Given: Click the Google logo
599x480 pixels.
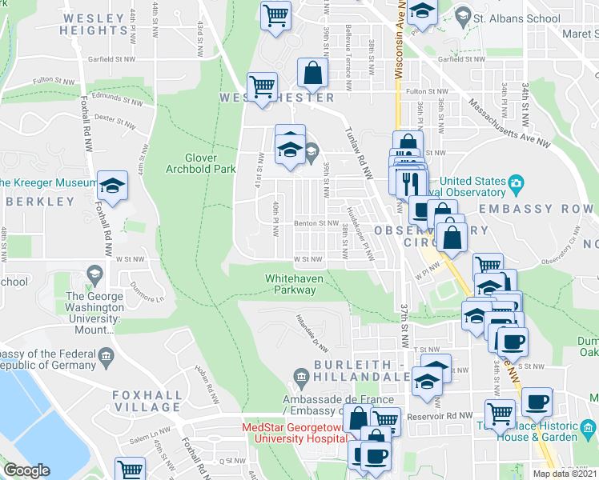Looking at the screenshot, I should point(26,470).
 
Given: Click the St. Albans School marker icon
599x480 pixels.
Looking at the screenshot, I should point(462,15).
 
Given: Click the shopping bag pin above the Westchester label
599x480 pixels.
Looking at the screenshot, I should point(312,74).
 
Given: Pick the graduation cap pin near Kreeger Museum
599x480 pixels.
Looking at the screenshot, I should point(112,186).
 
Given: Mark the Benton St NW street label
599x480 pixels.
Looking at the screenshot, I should point(316,223).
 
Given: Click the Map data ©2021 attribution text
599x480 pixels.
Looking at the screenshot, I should point(565,474).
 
